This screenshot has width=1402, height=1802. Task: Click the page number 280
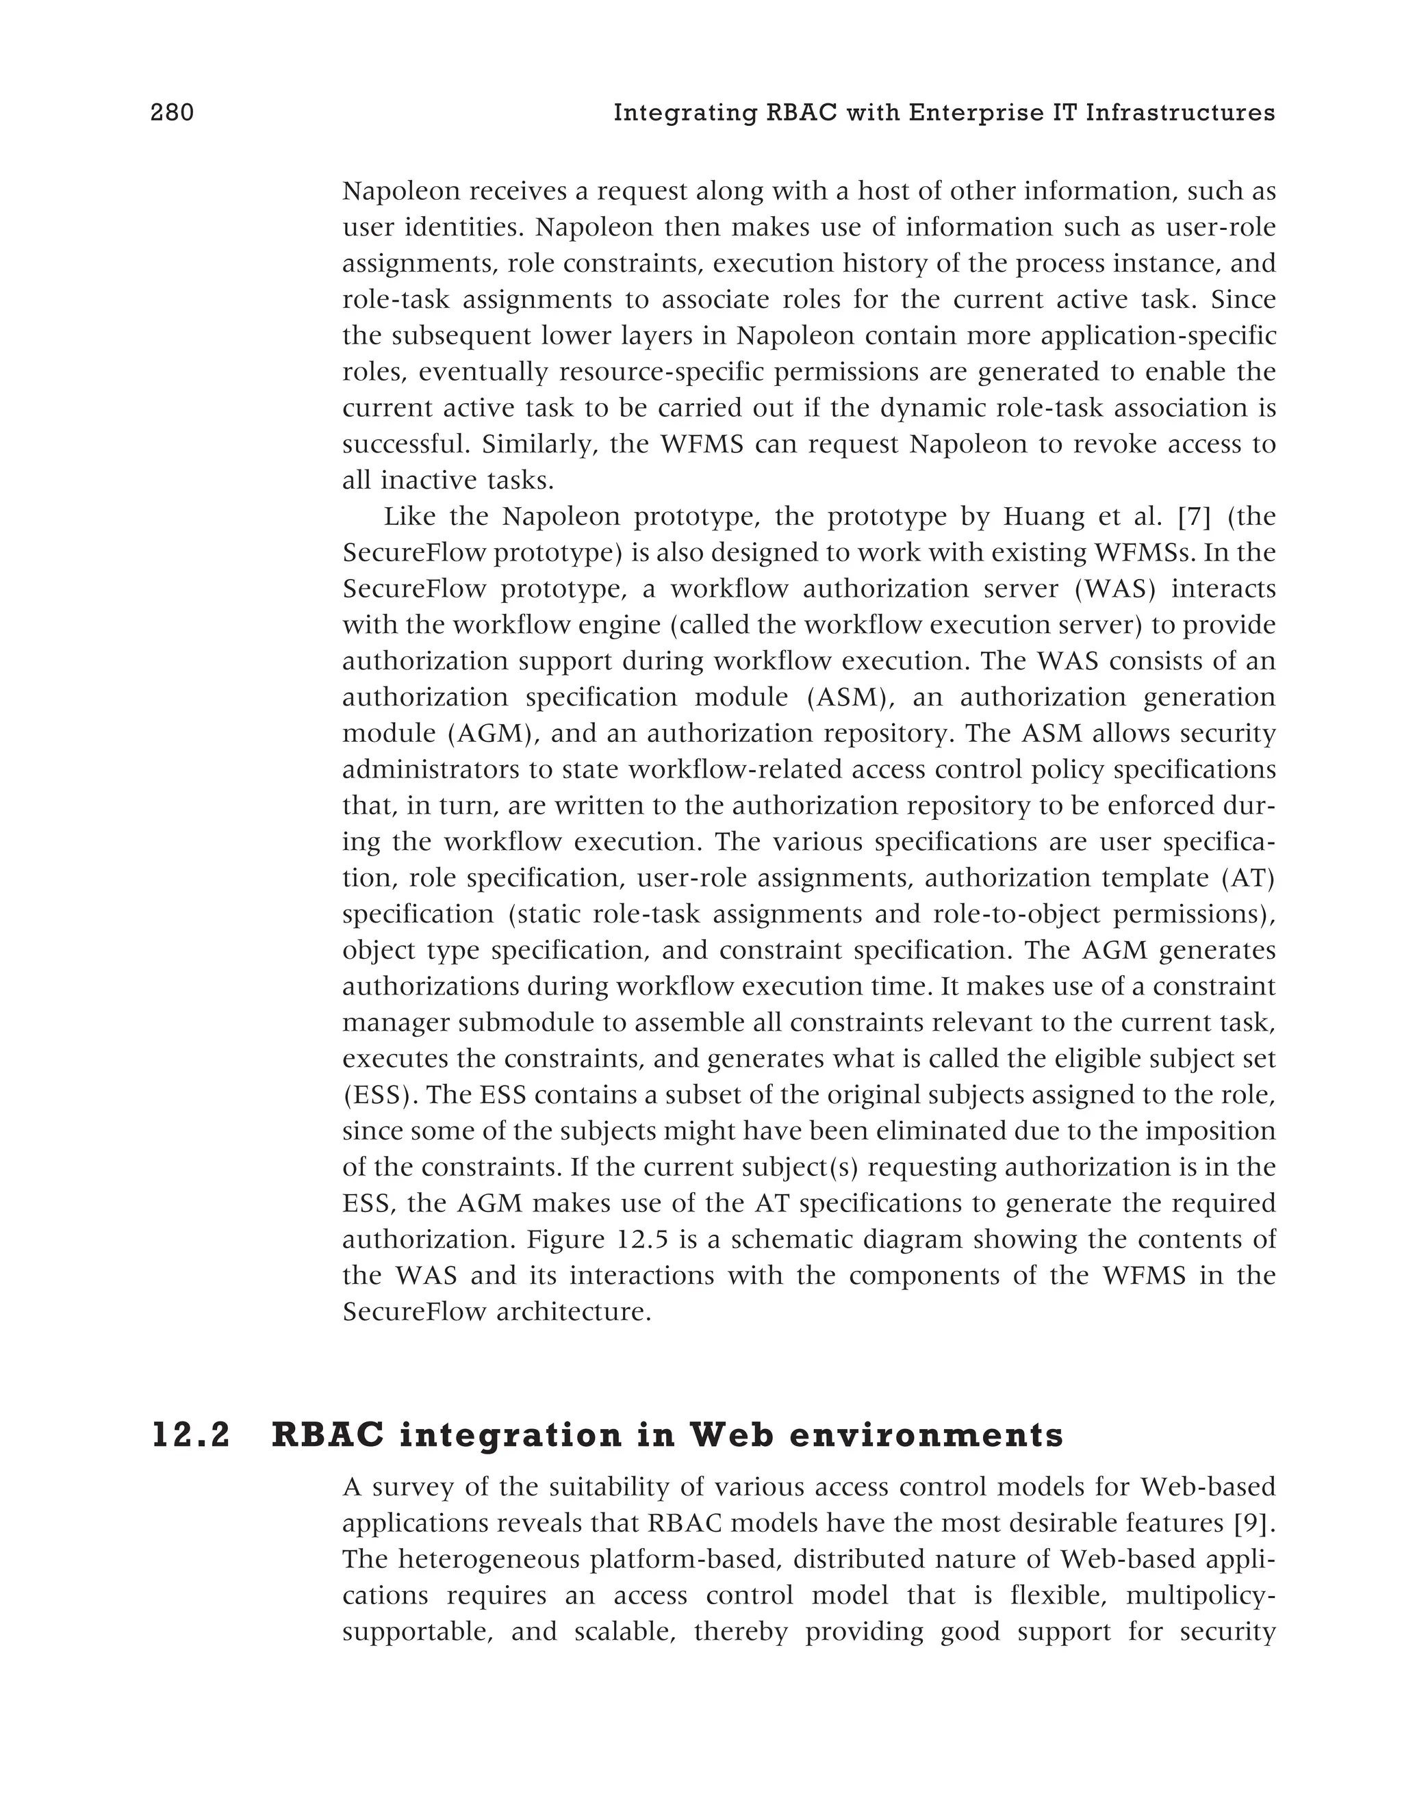pos(172,113)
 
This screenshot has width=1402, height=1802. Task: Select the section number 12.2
pos(192,1436)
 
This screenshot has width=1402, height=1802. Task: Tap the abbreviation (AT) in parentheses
pos(1249,878)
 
